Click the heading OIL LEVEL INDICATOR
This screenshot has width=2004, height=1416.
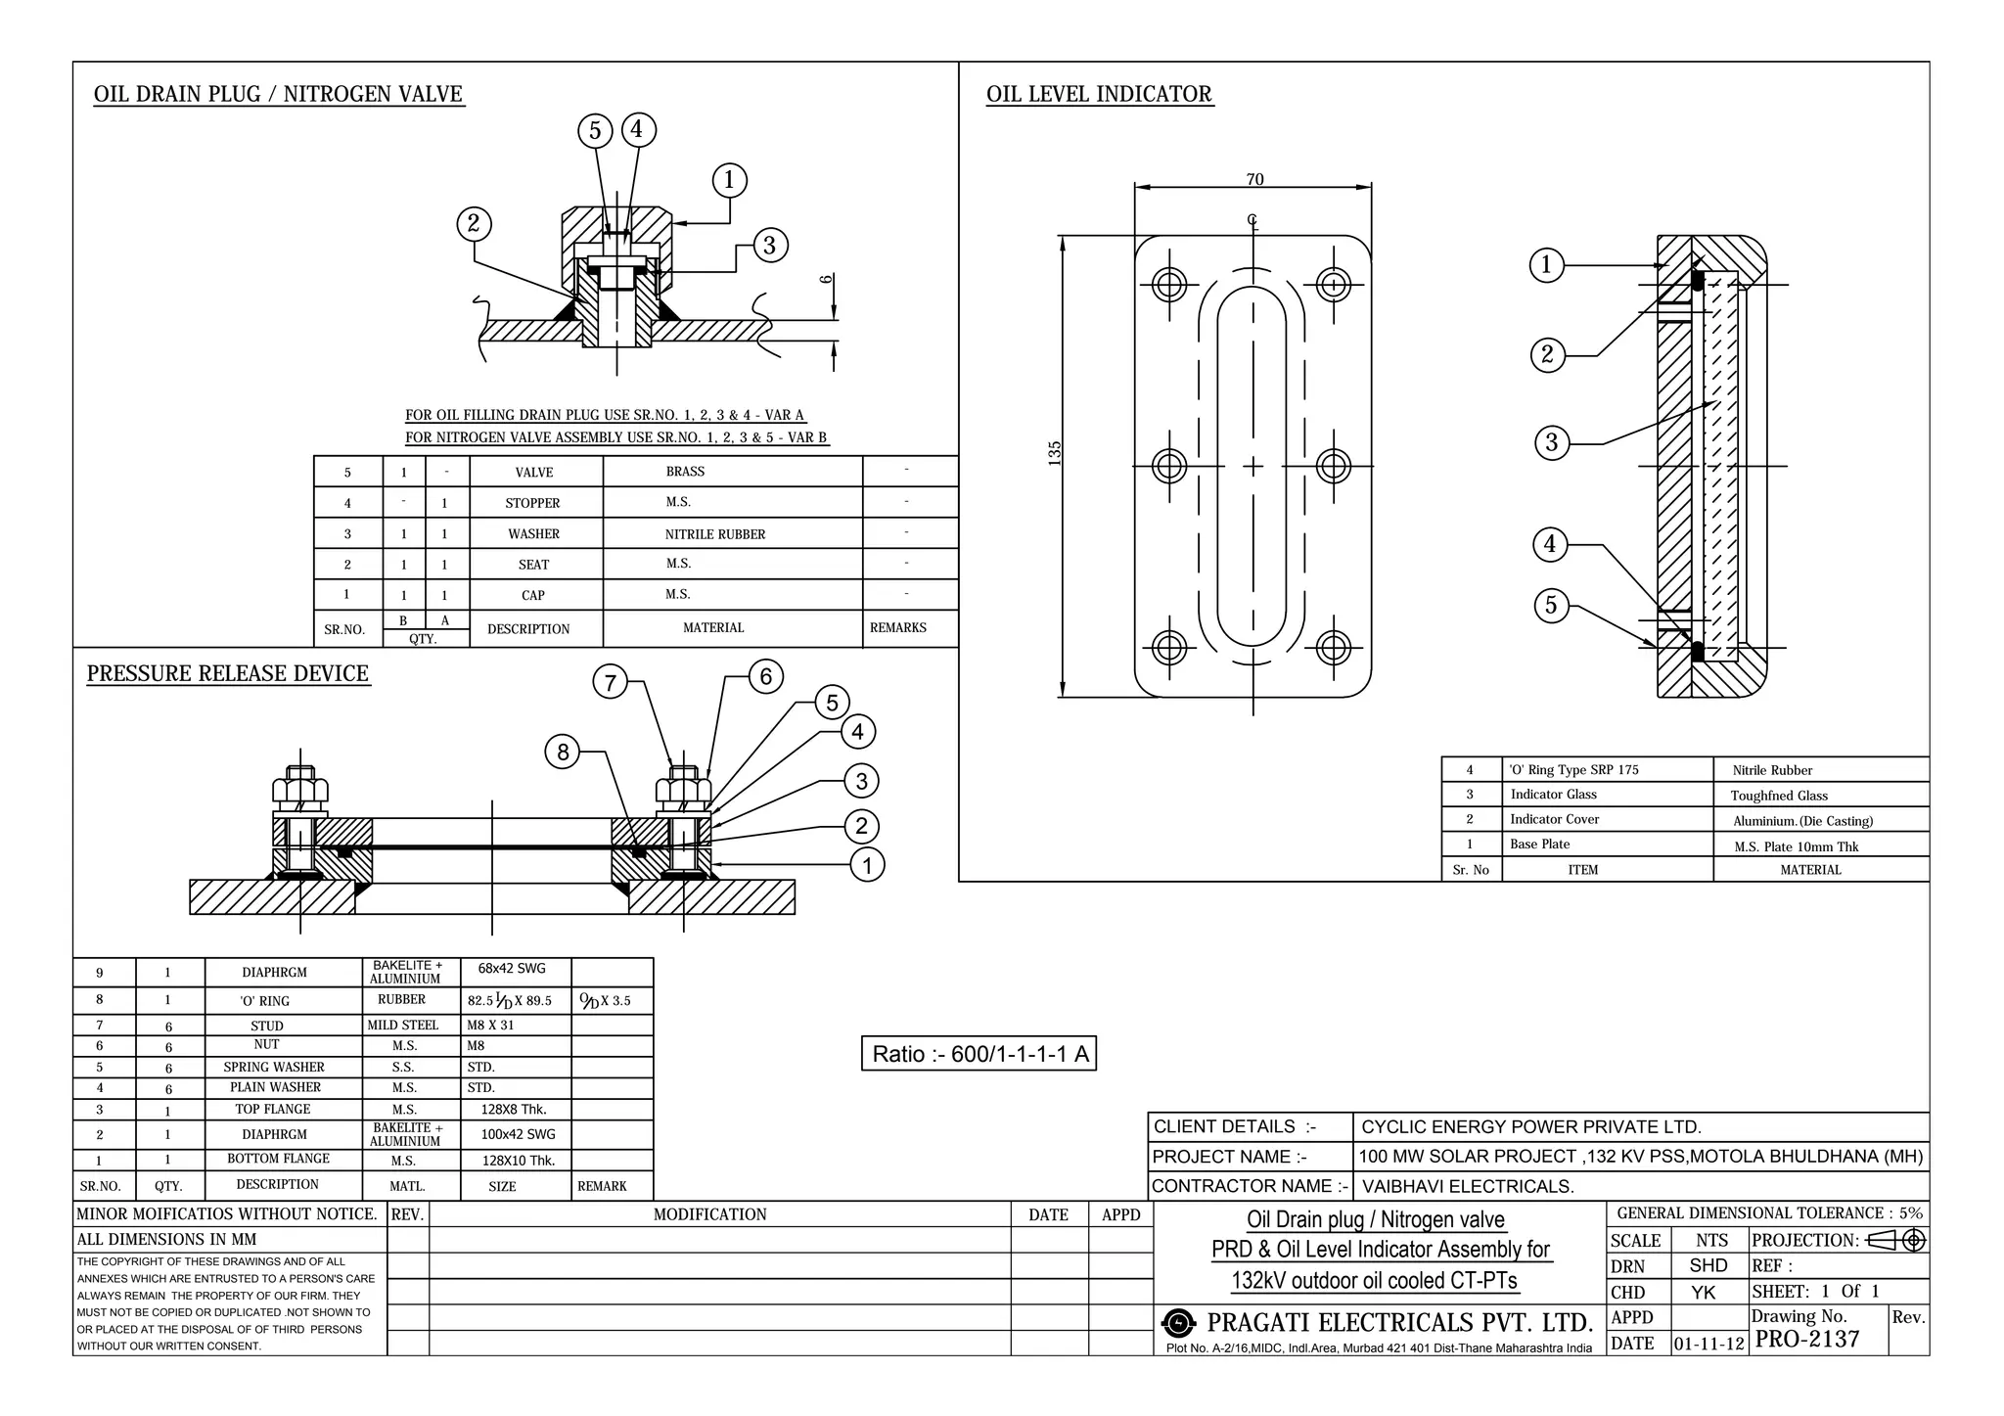[1099, 94]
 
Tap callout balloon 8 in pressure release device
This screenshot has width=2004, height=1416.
[563, 752]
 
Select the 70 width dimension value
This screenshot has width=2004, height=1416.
[1254, 179]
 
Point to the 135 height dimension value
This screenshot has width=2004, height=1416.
[1055, 453]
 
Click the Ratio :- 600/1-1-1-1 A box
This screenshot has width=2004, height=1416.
[979, 1054]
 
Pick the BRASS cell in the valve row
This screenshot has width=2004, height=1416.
[685, 471]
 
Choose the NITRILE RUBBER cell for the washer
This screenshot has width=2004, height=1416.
[714, 534]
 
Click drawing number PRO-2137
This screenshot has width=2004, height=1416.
[1806, 1340]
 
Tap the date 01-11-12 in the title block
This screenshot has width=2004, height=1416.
[1708, 1344]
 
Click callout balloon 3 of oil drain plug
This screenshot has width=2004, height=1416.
[769, 245]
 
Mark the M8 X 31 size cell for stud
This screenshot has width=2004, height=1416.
[490, 1025]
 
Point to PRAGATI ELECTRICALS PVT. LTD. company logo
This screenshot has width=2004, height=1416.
[1179, 1324]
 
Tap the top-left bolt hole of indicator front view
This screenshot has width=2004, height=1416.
[1169, 285]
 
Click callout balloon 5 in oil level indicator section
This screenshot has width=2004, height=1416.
[1551, 605]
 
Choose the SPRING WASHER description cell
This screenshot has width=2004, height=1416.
[273, 1067]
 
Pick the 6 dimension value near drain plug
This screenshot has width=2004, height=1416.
[827, 279]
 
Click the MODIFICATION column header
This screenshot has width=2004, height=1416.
[709, 1214]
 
